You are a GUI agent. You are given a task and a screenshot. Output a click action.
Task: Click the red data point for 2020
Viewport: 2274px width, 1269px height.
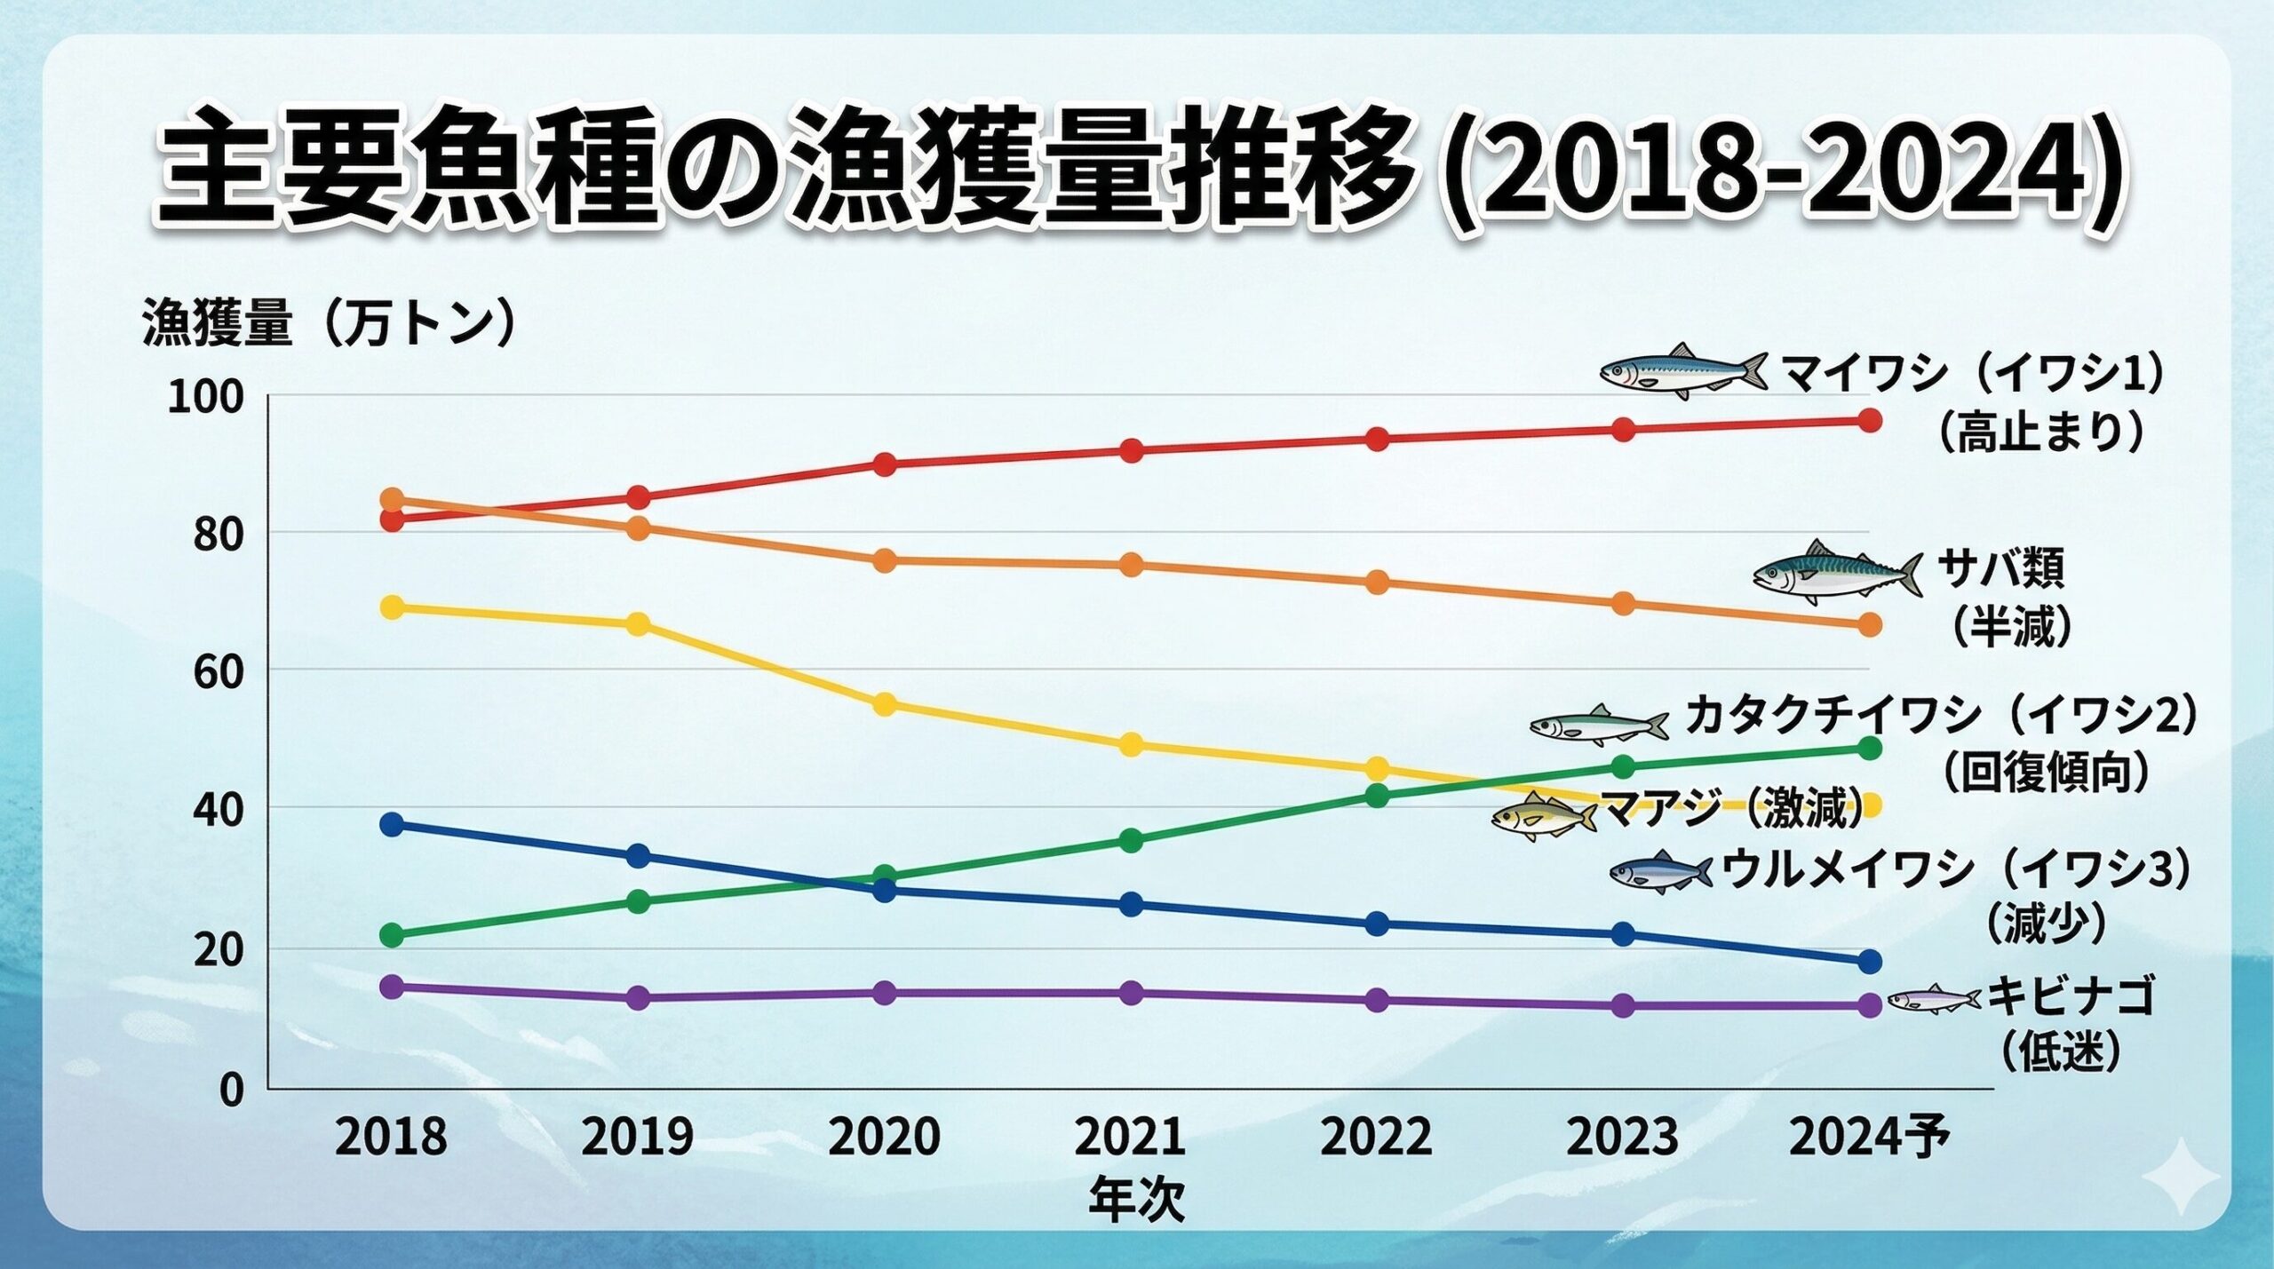[884, 464]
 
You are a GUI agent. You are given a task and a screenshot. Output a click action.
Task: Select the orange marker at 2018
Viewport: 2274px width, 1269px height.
[392, 500]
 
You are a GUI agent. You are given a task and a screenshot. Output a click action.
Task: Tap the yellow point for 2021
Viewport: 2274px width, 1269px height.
[1130, 745]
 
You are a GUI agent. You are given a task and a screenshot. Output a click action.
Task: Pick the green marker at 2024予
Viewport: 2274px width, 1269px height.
[1869, 749]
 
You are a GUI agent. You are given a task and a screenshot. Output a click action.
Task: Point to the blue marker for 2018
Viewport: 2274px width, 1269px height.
[392, 824]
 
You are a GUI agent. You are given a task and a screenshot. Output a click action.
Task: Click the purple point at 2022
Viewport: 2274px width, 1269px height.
[1376, 1001]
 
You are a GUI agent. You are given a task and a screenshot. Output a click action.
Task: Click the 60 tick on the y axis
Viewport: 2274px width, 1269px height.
[218, 672]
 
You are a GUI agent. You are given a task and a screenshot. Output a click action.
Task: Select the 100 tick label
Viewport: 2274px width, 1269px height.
[205, 398]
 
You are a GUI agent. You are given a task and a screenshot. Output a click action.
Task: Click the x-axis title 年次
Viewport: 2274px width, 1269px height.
[1136, 1200]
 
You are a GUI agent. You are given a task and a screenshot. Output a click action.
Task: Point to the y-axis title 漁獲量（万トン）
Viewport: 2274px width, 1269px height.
[329, 322]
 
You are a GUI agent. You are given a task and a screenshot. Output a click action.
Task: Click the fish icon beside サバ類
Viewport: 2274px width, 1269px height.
[1836, 573]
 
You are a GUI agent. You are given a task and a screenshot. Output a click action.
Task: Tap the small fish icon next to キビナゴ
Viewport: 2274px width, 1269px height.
[1933, 999]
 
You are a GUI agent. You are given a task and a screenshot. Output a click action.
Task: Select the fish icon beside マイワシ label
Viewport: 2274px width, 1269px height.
[1682, 370]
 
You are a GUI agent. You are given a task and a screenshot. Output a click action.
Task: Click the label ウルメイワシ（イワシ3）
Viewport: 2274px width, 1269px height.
[1954, 869]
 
